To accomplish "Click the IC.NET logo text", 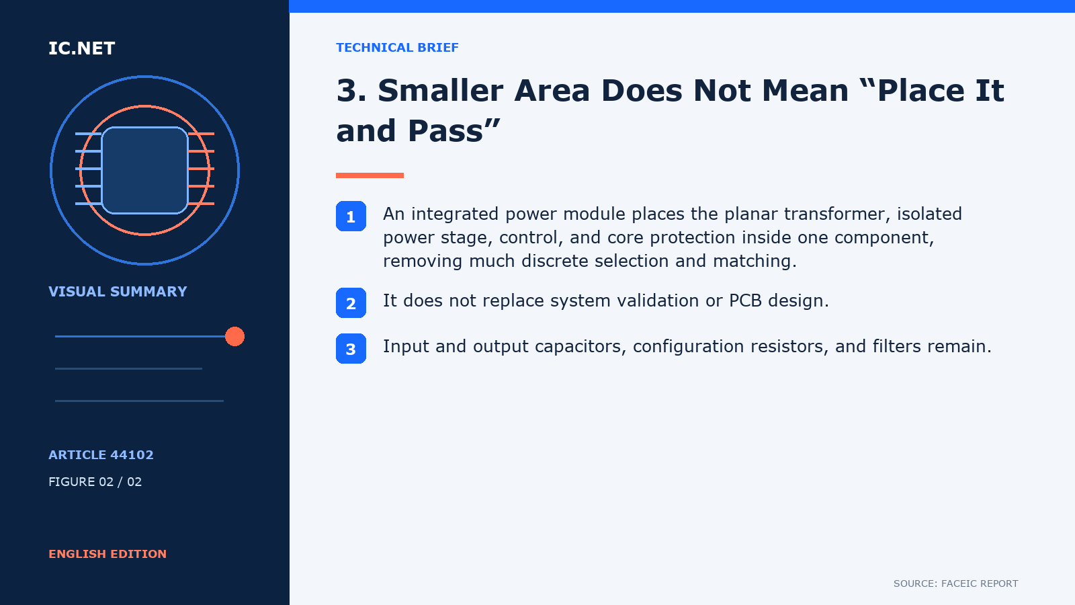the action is (81, 48).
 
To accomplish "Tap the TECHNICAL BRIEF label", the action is (397, 48).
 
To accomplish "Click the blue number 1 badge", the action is (351, 216).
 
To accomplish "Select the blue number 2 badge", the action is (351, 302).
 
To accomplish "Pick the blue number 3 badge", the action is (351, 348).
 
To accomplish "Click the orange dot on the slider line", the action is (234, 336).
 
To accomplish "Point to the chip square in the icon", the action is (144, 170).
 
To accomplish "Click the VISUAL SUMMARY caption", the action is (118, 292).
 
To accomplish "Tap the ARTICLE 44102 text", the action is (101, 454).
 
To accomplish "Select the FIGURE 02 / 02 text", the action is (95, 481).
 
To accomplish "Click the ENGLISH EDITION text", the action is (107, 554).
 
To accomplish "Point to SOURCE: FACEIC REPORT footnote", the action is (955, 583).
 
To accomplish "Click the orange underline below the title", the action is (370, 175).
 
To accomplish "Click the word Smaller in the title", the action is (440, 90).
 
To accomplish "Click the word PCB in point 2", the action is (745, 300).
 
